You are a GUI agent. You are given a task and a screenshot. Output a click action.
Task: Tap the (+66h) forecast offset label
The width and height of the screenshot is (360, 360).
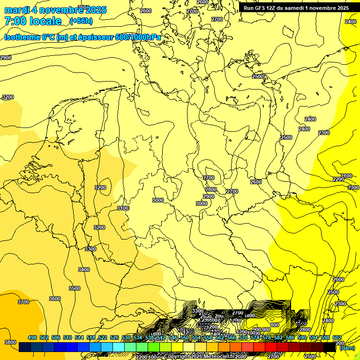81,21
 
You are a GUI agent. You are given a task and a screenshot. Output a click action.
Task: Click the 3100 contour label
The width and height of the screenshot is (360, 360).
123,208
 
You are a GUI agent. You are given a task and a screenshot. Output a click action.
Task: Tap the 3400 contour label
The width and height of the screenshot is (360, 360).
84,270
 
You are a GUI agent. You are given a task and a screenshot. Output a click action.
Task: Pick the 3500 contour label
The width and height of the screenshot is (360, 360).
75,288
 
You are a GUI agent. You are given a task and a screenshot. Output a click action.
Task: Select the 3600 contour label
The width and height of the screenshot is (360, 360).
55,299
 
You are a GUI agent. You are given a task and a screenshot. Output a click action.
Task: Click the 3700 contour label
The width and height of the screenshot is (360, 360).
23,302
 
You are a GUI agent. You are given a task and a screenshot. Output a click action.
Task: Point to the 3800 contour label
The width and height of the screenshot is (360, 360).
9,342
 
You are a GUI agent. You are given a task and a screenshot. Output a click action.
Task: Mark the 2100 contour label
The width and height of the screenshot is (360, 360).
346,176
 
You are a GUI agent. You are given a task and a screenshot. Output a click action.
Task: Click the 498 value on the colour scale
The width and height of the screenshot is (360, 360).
32,337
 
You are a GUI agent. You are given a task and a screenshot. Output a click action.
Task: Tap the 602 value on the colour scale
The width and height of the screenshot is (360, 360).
337,337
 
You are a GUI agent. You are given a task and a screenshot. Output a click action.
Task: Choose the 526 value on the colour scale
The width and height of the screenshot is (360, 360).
114,337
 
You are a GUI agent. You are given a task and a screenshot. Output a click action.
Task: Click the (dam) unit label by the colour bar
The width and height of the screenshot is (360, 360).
347,347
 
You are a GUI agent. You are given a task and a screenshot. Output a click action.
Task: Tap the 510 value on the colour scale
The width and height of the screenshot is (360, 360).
67,337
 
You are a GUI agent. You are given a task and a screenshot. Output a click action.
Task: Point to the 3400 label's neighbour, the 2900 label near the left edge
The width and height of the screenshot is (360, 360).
6,58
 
